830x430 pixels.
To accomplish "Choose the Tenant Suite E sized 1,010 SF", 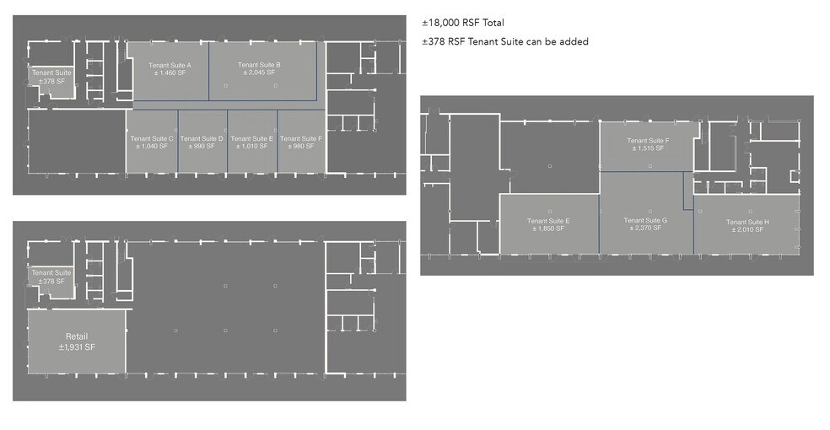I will click(251, 142).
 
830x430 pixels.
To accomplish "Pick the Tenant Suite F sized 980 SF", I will click(300, 142).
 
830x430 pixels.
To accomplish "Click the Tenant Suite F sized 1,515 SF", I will click(648, 144).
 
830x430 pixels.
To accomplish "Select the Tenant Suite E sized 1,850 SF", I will click(549, 224).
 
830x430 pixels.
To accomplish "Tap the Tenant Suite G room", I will click(645, 224).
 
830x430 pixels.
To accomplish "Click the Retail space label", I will click(77, 337).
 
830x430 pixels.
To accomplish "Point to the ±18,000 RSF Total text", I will click(463, 24).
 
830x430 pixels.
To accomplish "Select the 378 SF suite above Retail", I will click(51, 277).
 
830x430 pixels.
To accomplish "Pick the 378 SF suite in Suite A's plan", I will click(51, 77).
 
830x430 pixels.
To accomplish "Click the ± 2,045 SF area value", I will click(259, 73).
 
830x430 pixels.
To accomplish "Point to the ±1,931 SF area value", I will click(77, 347).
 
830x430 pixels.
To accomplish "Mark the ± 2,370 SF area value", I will click(645, 228).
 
